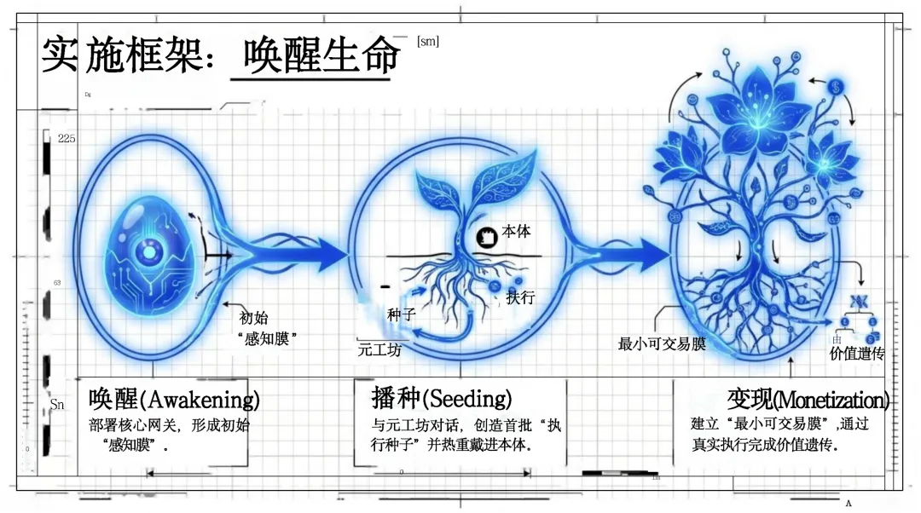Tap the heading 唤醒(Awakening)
[174, 399]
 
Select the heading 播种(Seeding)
[441, 398]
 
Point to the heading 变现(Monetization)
[807, 399]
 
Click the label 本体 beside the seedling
[517, 231]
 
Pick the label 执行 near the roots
[520, 297]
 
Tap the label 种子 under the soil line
[401, 314]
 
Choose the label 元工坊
[379, 349]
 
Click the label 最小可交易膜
[662, 344]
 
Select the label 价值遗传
[857, 353]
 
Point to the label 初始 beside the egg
[253, 318]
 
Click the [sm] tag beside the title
[428, 41]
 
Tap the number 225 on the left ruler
[67, 138]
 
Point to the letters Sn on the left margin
[56, 405]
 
